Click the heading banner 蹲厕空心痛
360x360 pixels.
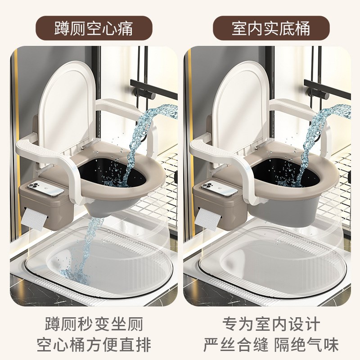(x=94, y=28)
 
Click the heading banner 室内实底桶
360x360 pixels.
(x=271, y=28)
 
